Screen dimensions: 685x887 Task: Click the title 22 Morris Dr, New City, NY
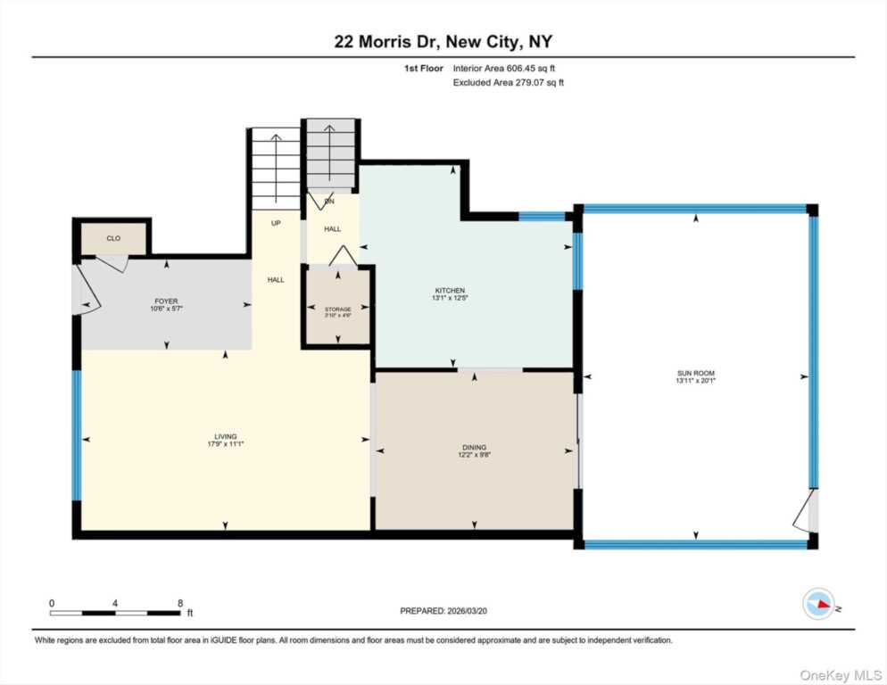point(443,42)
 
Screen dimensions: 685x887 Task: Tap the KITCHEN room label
point(450,291)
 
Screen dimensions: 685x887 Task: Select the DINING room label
point(475,448)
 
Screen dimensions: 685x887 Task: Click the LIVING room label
point(224,436)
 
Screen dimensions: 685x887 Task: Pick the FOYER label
point(166,301)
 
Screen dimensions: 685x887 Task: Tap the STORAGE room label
point(337,309)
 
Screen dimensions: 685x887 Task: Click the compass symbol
point(818,605)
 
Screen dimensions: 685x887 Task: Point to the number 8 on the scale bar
point(180,603)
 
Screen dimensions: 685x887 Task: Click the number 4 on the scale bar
point(116,603)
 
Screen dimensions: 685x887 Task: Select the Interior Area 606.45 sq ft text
point(510,68)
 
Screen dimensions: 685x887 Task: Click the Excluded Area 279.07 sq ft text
point(509,82)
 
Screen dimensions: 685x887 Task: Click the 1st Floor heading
point(423,68)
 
